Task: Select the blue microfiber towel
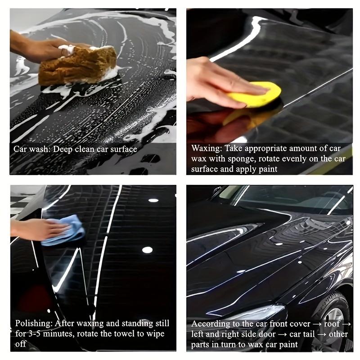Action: pyautogui.click(x=65, y=229)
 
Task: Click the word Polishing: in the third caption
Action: pyautogui.click(x=33, y=323)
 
